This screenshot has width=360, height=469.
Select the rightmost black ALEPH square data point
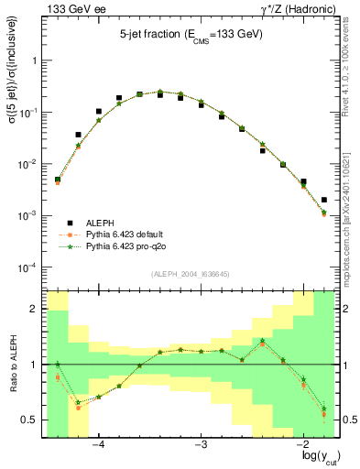pos(324,200)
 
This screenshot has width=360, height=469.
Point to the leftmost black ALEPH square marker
pos(58,180)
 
